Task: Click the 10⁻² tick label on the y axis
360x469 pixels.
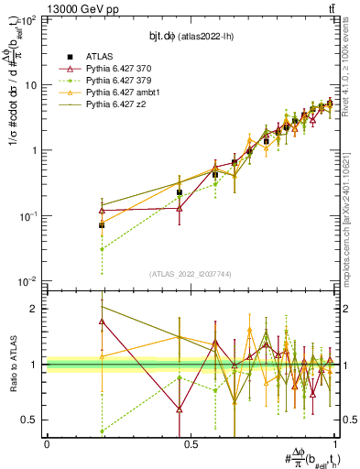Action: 30,280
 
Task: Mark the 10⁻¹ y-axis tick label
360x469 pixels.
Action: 30,215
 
